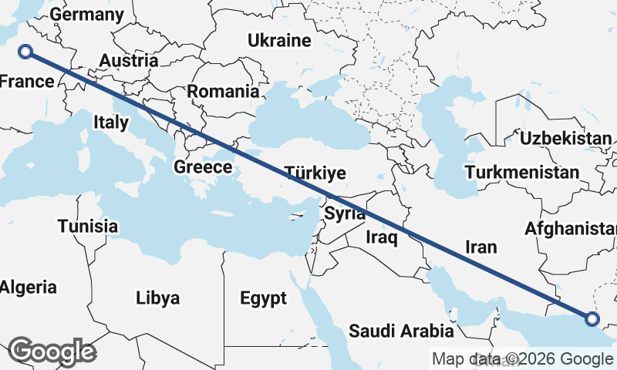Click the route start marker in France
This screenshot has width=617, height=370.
coord(25,52)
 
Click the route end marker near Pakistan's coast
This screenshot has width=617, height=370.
coord(592,318)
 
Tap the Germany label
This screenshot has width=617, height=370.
coord(86,15)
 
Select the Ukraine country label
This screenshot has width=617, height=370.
coord(279,41)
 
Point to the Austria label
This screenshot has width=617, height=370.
coord(129,60)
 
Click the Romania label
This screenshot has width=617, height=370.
coord(224,91)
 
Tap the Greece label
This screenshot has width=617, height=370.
coord(203,166)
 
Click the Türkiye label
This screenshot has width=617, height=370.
coord(315,173)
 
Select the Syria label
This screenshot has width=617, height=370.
coord(344,214)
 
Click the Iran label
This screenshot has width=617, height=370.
coord(480,247)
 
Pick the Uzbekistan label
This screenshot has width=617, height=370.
coord(565,138)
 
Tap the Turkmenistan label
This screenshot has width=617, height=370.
coord(522,172)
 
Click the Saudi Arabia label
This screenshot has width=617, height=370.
coord(401,331)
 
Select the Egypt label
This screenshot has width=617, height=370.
coord(263,298)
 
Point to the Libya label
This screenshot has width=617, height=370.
coord(157,298)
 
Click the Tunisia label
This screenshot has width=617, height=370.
coord(87,227)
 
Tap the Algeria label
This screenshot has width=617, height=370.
coord(29,288)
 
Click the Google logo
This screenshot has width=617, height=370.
coord(52,351)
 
